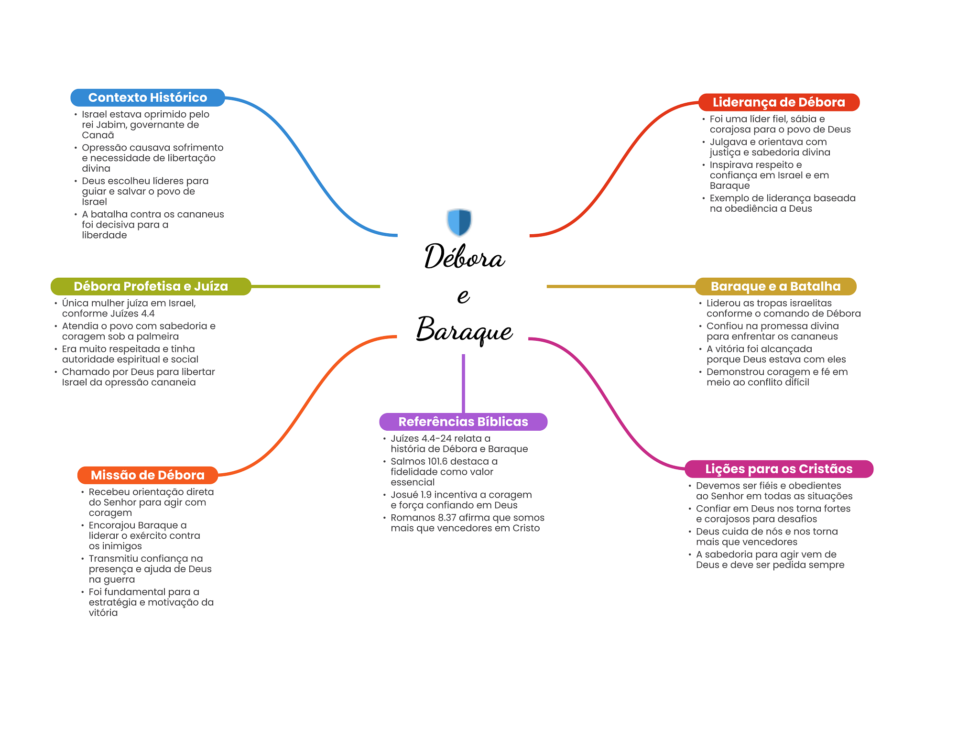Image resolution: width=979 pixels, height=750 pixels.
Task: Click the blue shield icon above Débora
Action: click(459, 222)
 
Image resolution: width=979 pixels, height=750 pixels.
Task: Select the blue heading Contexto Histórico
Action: click(148, 98)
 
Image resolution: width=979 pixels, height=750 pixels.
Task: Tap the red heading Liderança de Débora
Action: click(779, 102)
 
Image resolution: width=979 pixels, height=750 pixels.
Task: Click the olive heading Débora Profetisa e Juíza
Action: click(151, 286)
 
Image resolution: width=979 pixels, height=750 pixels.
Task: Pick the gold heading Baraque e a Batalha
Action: click(775, 286)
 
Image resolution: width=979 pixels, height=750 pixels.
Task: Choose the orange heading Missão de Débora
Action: click(148, 475)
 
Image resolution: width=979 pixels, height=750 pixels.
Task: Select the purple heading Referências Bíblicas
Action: click(463, 422)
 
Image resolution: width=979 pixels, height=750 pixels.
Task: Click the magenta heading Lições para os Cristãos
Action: click(779, 469)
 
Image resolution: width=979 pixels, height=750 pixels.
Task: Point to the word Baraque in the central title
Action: click(464, 330)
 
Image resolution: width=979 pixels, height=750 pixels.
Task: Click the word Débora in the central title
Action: click(464, 256)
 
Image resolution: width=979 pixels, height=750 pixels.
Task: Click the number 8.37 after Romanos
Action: click(447, 518)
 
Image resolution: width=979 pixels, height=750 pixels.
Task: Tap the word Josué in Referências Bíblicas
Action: click(404, 495)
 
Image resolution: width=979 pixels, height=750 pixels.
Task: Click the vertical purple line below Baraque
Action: click(463, 383)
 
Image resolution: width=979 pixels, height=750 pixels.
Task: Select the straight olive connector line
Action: click(315, 286)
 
